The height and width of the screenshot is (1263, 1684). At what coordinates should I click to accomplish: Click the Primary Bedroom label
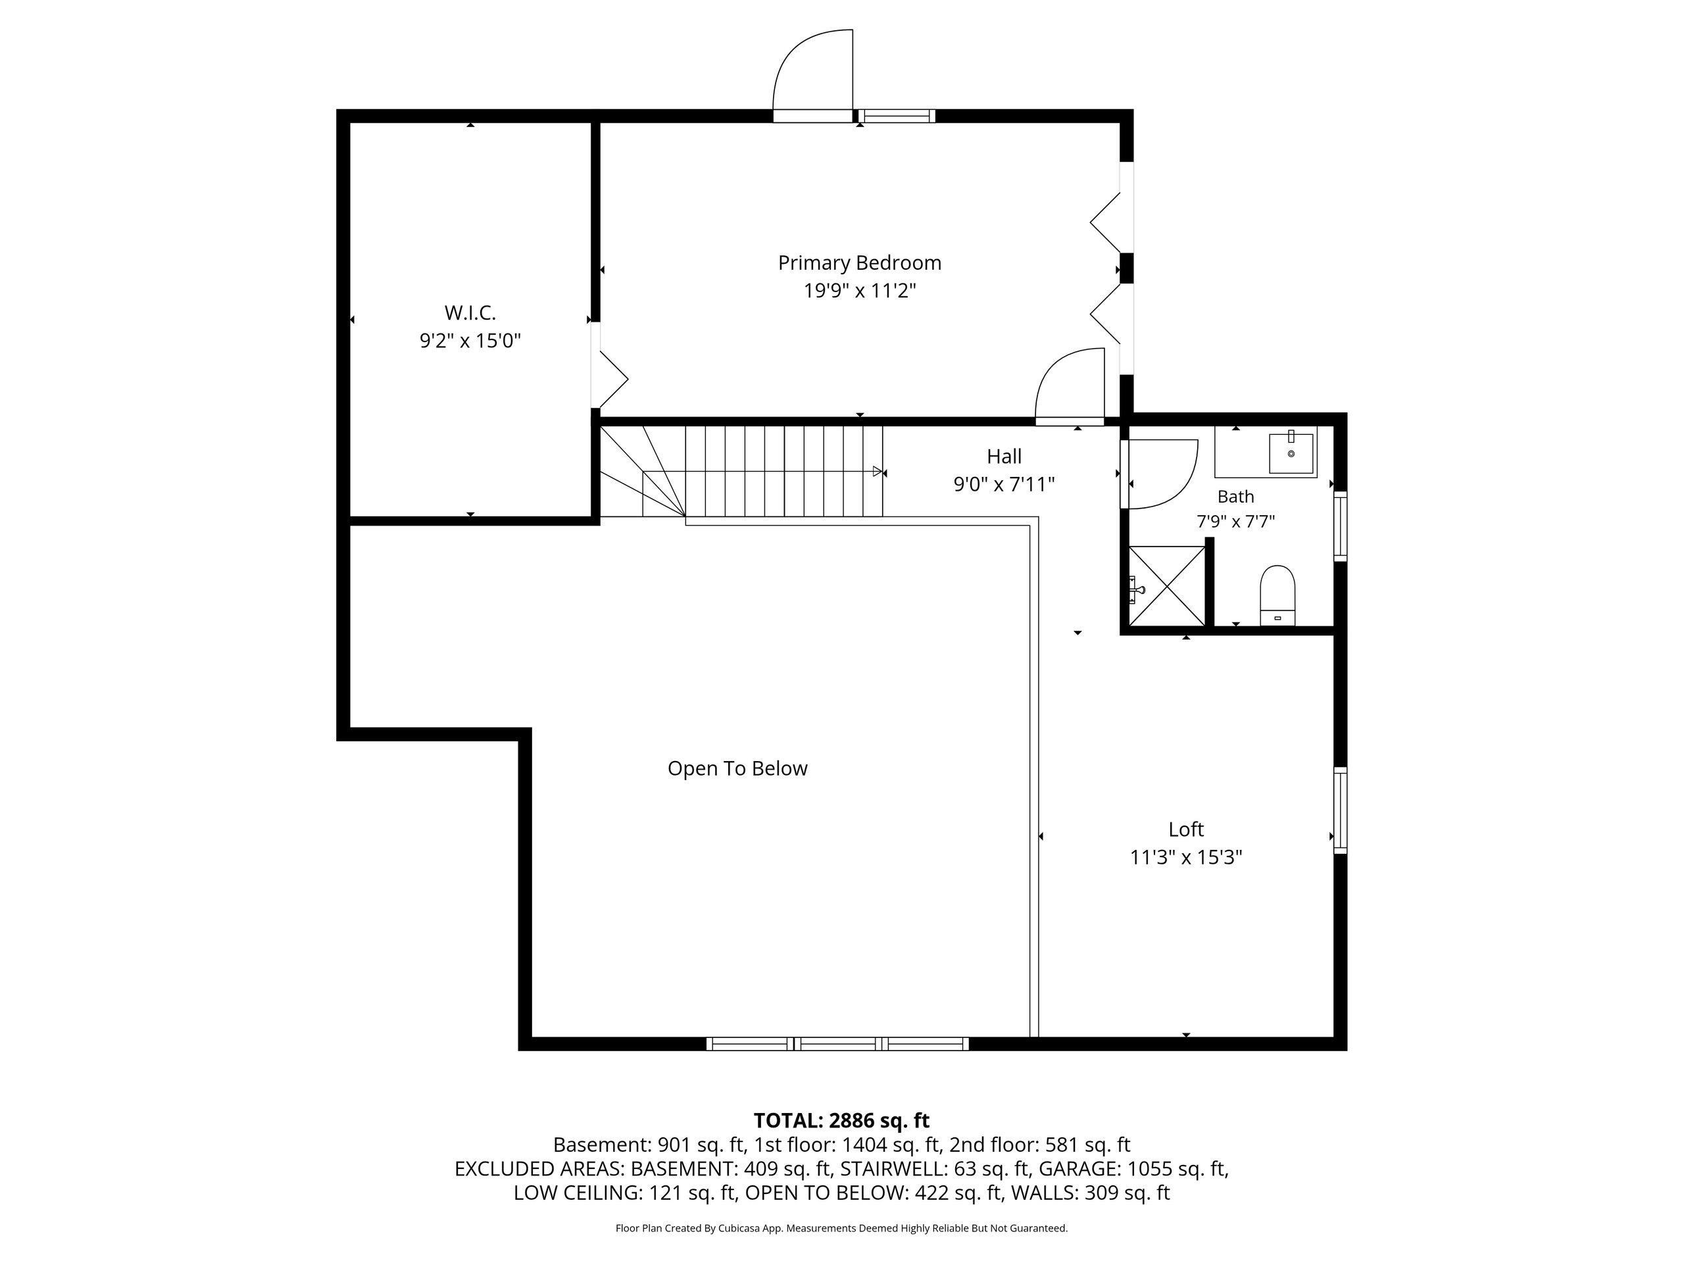(x=860, y=262)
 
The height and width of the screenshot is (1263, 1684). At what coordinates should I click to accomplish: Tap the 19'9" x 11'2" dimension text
(x=860, y=291)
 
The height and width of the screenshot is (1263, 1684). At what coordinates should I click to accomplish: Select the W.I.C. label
(x=470, y=312)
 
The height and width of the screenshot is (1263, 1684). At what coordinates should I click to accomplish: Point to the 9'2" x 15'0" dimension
(x=470, y=340)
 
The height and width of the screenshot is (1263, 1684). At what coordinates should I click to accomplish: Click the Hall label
(x=1004, y=456)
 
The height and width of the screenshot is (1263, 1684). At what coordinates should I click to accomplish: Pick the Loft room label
(x=1186, y=829)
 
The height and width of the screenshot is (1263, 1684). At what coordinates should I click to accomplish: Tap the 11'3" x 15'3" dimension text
(x=1186, y=857)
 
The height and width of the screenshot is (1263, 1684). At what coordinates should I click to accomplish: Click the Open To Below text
(x=737, y=768)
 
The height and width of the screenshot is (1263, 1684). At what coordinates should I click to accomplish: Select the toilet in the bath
(x=1277, y=595)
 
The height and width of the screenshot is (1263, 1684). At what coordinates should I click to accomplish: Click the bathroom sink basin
(x=1291, y=453)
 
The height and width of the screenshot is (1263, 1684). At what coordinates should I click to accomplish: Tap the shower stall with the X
(x=1166, y=586)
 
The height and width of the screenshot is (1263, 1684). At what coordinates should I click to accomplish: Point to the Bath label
(x=1235, y=497)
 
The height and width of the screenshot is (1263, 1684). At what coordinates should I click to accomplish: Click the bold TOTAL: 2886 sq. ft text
(x=841, y=1121)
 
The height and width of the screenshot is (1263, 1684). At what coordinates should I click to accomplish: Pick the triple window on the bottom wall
(x=837, y=1044)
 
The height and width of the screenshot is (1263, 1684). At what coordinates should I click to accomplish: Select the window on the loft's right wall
(x=1340, y=810)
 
